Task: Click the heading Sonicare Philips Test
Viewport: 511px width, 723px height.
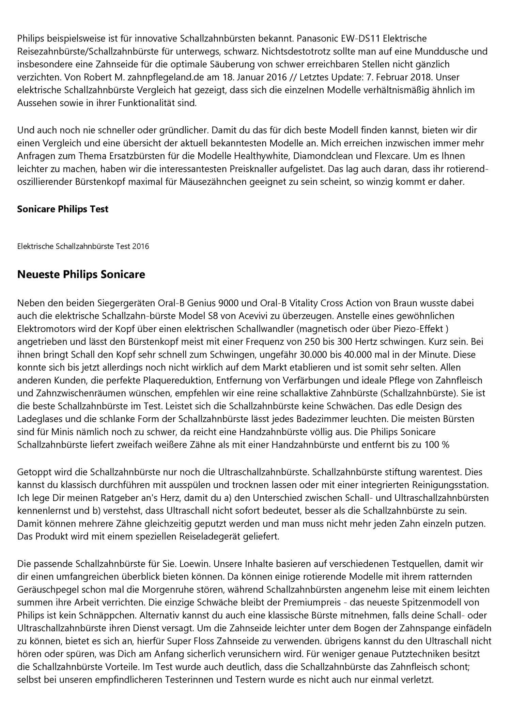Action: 63,209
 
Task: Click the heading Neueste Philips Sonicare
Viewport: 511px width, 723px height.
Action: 81,274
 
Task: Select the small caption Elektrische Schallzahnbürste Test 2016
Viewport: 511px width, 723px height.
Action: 83,246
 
